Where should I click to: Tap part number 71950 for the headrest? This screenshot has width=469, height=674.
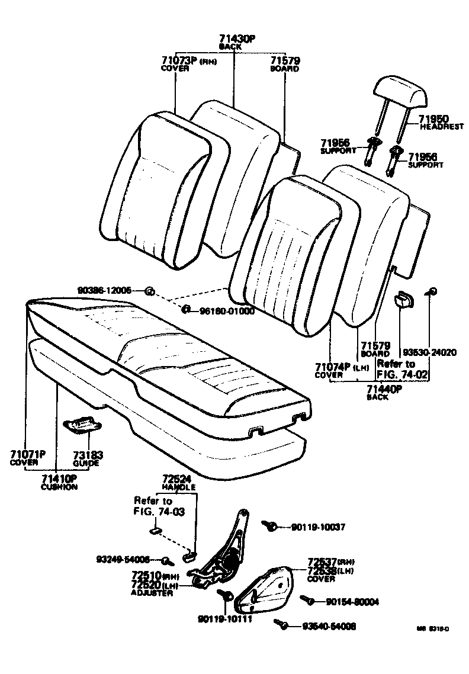(x=436, y=119)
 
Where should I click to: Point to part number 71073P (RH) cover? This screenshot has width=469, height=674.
(x=181, y=60)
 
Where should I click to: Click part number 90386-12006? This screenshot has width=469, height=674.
(x=104, y=290)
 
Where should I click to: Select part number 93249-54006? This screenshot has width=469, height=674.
(x=123, y=559)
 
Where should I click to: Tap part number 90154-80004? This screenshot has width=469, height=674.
(x=352, y=602)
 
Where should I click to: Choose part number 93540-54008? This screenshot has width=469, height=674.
(x=329, y=626)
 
